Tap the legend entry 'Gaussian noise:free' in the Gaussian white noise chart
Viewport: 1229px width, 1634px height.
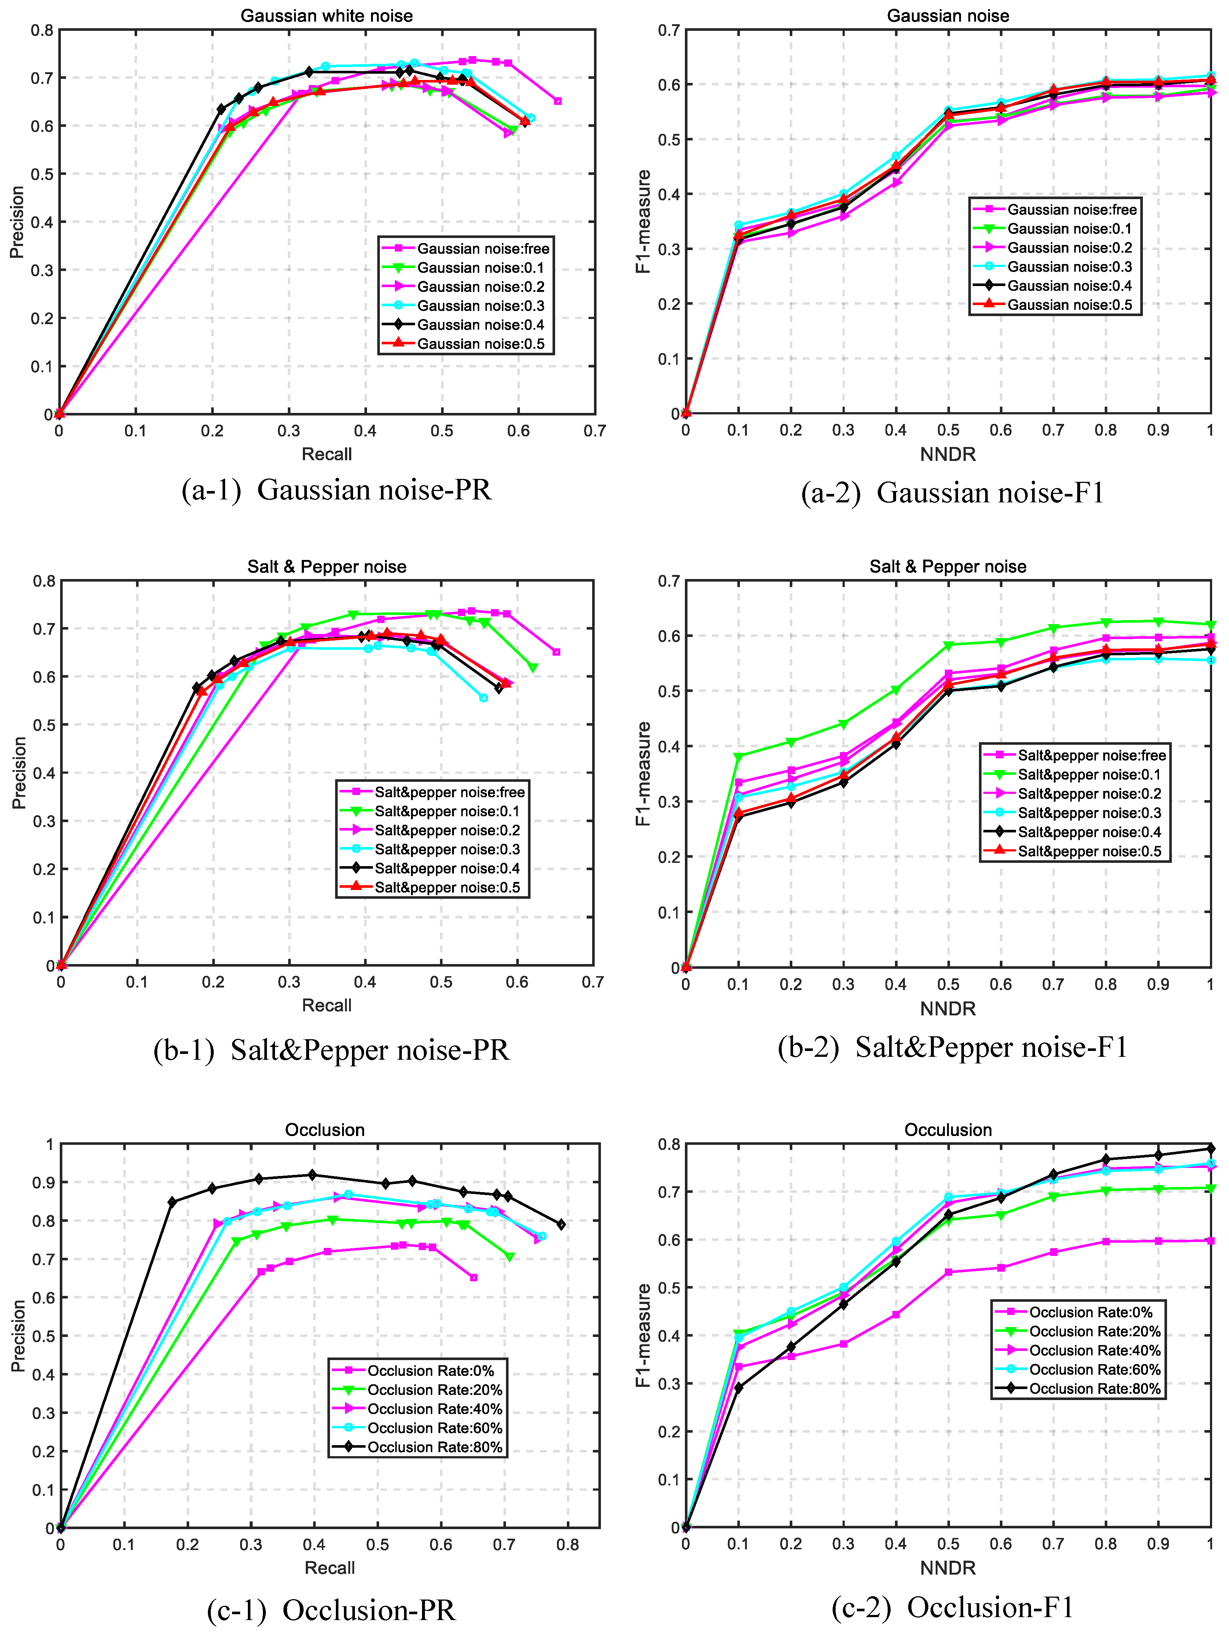pyautogui.click(x=483, y=249)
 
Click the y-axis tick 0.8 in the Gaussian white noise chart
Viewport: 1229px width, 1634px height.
pyautogui.click(x=42, y=30)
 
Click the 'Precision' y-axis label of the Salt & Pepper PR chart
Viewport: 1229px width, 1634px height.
pyautogui.click(x=19, y=773)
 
